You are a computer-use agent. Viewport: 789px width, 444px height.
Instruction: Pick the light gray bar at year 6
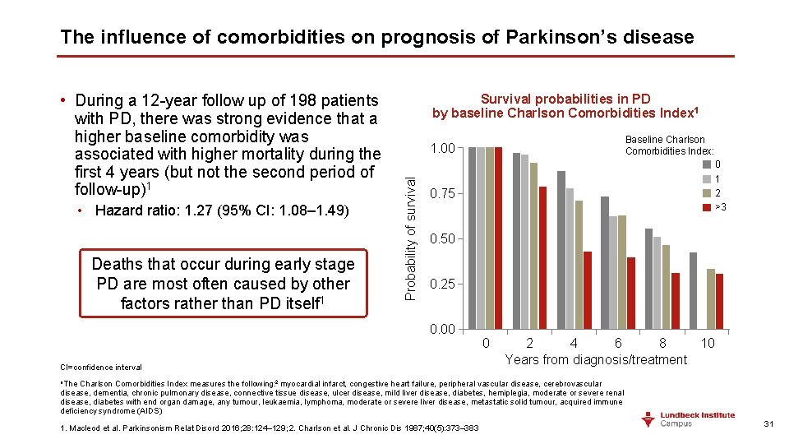(x=613, y=272)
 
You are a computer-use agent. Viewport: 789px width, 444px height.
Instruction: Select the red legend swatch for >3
(x=706, y=206)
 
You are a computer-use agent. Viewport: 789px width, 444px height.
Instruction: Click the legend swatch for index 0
(x=706, y=164)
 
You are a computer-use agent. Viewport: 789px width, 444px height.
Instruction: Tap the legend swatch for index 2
(x=706, y=192)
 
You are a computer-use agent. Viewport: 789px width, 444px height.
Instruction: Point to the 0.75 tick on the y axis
(x=443, y=193)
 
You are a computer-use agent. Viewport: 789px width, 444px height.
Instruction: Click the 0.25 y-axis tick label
(x=443, y=284)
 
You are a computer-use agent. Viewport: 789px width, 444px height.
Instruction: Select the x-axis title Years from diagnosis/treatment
(x=596, y=360)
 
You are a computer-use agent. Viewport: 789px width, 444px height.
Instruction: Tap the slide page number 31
(x=769, y=423)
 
